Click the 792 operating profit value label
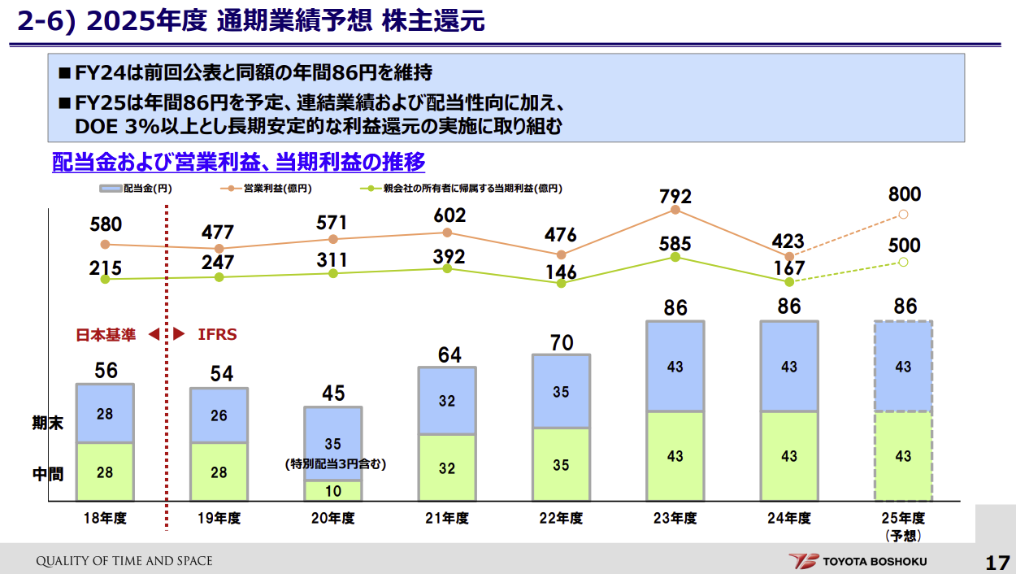[x=675, y=196]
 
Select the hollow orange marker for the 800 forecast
[x=903, y=215]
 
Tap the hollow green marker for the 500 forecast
[x=903, y=262]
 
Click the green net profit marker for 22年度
[x=561, y=283]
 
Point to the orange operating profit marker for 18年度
[x=105, y=244]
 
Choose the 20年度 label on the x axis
[x=333, y=519]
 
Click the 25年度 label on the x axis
[x=903, y=519]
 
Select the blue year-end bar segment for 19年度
[x=219, y=415]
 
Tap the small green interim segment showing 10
[x=333, y=491]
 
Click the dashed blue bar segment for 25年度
[x=903, y=367]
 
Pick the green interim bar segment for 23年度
[x=675, y=456]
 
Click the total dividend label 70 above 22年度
[x=561, y=343]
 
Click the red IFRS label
[x=218, y=334]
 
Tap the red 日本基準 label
[x=105, y=334]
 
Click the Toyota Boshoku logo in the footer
[x=858, y=561]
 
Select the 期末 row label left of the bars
[x=48, y=423]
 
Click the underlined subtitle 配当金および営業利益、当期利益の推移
[x=238, y=162]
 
